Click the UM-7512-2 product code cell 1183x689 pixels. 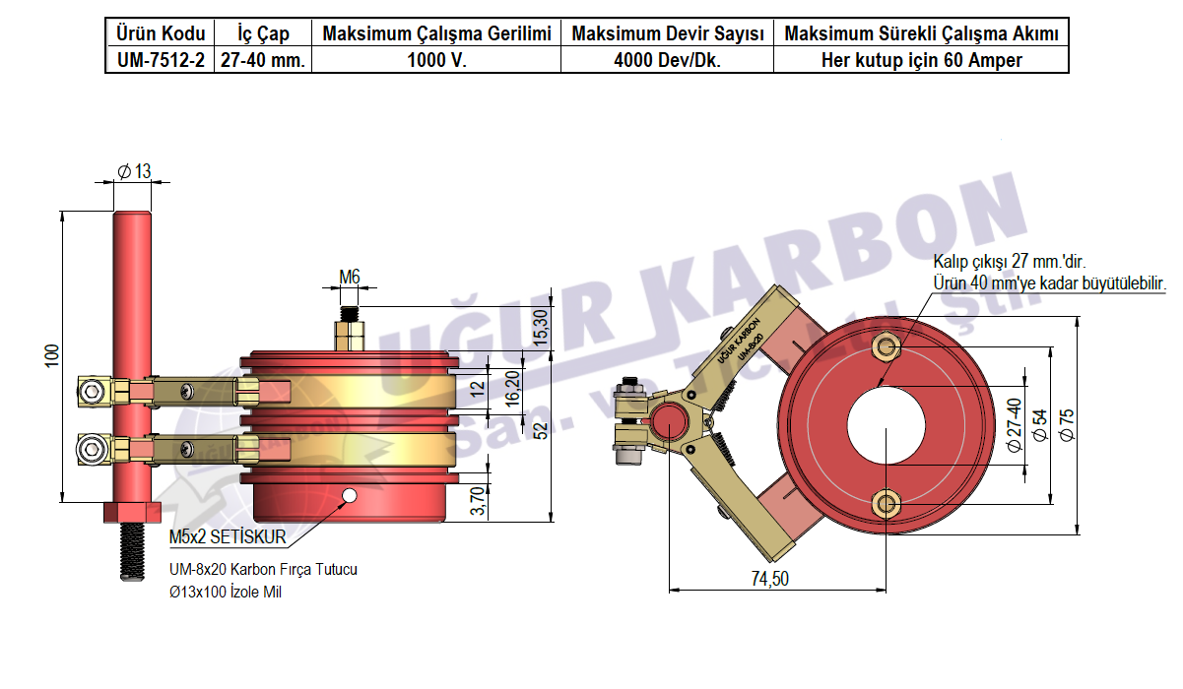[x=160, y=60]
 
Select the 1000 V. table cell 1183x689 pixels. [x=436, y=60]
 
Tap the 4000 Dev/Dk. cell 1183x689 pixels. [x=667, y=60]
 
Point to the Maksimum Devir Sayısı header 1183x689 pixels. [x=667, y=34]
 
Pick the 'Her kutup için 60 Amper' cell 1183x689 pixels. [x=921, y=60]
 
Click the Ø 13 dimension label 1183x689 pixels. [x=134, y=171]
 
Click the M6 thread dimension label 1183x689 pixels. [x=350, y=278]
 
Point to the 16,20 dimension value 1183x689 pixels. [x=512, y=388]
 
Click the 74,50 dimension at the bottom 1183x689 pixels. [x=769, y=579]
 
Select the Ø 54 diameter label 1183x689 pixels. [x=1038, y=423]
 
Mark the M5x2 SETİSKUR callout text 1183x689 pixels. [x=228, y=537]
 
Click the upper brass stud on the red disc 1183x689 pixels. [x=887, y=346]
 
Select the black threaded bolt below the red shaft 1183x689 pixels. [x=132, y=552]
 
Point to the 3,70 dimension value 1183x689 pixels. [x=478, y=499]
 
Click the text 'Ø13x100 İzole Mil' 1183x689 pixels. [x=226, y=593]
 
